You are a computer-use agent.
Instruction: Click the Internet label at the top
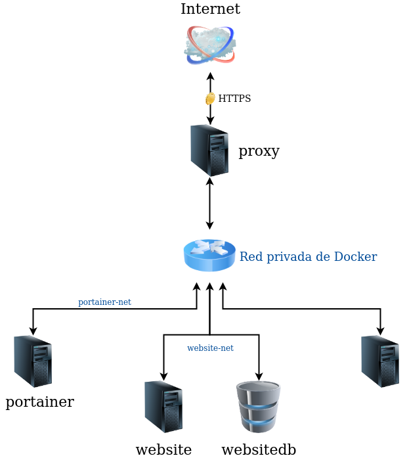[210, 9]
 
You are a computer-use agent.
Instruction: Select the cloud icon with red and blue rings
[210, 45]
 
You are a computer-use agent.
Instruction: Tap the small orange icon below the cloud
[210, 99]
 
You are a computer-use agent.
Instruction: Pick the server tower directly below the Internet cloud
[209, 150]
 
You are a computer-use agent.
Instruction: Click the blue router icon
[209, 255]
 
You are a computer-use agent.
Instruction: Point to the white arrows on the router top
[209, 247]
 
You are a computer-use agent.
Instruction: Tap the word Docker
[355, 257]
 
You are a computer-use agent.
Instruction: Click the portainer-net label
[104, 302]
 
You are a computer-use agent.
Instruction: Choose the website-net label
[210, 348]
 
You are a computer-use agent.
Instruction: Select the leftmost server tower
[33, 361]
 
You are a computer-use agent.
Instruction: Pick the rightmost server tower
[379, 361]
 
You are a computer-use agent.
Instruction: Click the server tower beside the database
[163, 406]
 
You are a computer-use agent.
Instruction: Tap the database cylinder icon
[259, 407]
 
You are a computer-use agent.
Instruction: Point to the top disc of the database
[259, 390]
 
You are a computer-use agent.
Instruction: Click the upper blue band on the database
[259, 407]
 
